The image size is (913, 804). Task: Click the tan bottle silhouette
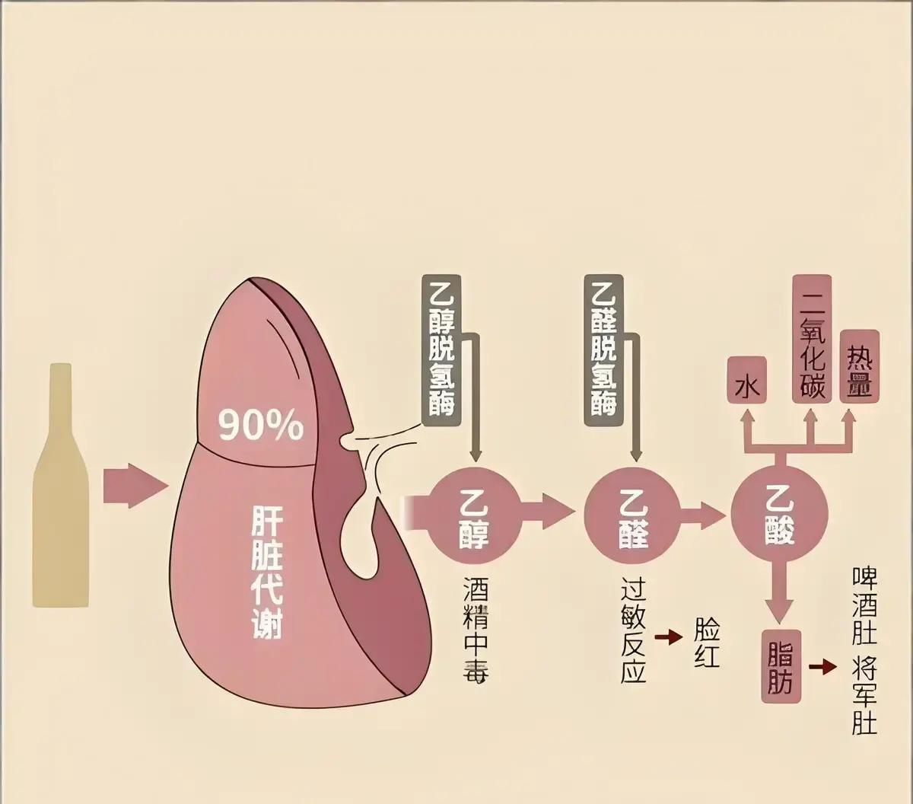(x=60, y=487)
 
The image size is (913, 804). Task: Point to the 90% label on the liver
(x=261, y=426)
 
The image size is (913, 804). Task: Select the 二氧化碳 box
(x=812, y=338)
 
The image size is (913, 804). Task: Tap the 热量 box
(x=860, y=366)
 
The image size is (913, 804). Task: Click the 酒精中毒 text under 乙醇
(x=476, y=629)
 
